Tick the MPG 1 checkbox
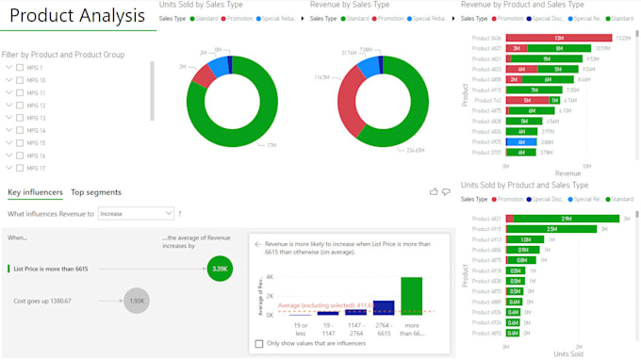[22, 68]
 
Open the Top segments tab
[96, 192]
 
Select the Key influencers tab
[35, 192]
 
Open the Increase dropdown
[136, 214]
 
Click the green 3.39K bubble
[219, 269]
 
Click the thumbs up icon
[434, 191]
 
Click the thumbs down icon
[446, 191]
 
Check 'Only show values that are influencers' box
[259, 344]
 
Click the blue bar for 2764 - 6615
[384, 306]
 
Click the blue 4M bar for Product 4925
[520, 141]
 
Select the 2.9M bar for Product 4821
[553, 218]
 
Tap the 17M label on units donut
[271, 145]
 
